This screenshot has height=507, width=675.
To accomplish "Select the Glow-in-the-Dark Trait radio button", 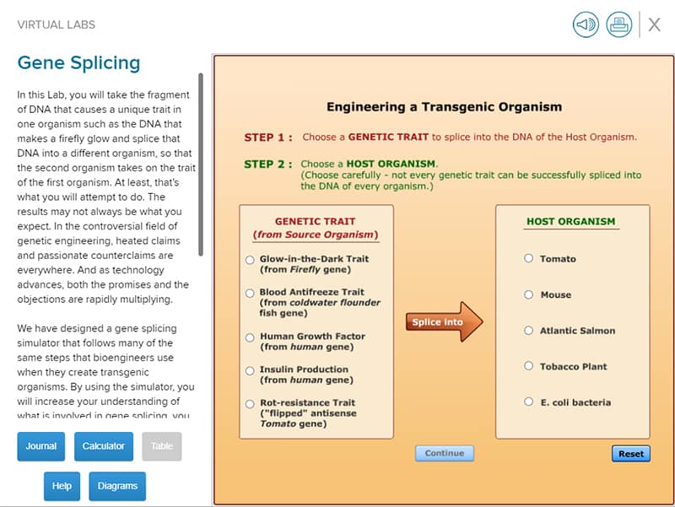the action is click(250, 260).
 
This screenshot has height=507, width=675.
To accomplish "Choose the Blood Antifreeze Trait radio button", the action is click(250, 294).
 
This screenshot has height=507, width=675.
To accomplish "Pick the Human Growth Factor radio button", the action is click(250, 337).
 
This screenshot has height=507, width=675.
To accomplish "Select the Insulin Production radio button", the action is click(250, 370).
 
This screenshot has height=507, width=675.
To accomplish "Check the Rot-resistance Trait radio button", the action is click(250, 404).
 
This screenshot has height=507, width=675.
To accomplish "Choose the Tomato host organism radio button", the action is click(529, 258).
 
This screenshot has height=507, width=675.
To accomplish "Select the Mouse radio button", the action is click(529, 294).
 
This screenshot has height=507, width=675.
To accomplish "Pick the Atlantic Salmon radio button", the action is click(529, 330).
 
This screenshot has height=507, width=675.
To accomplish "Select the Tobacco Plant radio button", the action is click(529, 366).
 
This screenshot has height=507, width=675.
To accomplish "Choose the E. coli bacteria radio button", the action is click(529, 402).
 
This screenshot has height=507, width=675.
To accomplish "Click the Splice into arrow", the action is click(444, 322).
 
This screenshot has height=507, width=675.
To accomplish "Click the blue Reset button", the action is click(631, 454).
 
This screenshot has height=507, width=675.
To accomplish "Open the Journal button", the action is click(40, 446).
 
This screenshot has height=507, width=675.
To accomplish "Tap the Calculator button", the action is click(104, 446).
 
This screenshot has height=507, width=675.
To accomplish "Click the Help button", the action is click(62, 487).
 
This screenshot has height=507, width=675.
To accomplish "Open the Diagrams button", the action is click(117, 487).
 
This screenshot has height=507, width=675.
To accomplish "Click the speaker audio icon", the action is click(586, 24).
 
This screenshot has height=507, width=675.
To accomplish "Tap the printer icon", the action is click(619, 24).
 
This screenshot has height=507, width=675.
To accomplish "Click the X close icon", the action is click(655, 24).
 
